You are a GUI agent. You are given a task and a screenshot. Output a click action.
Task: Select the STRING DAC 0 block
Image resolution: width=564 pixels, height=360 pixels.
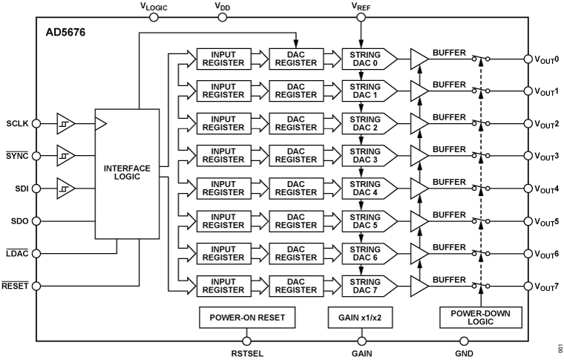[x=364, y=59]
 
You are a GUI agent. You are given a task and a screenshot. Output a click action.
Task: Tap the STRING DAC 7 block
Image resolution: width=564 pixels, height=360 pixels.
[x=364, y=285]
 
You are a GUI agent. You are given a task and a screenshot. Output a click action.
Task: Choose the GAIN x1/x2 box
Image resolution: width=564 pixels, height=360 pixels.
[x=359, y=318]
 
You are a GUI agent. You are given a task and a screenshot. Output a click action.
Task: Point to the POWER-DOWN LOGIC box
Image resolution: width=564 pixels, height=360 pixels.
[x=481, y=318]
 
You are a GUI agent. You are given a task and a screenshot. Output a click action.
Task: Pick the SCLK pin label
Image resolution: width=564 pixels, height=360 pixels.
[x=17, y=123]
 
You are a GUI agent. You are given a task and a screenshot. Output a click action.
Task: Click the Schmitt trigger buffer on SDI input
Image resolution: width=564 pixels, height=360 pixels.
[x=67, y=189]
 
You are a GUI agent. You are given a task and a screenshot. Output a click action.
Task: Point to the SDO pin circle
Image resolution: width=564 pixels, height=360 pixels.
[x=37, y=220]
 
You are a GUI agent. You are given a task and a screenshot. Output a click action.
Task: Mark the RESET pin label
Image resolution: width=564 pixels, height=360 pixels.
[x=15, y=285]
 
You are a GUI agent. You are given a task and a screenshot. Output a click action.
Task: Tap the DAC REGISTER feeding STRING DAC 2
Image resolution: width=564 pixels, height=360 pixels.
[x=295, y=123]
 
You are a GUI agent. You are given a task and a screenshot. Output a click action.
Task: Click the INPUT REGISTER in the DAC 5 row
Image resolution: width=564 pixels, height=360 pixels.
[x=223, y=220]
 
